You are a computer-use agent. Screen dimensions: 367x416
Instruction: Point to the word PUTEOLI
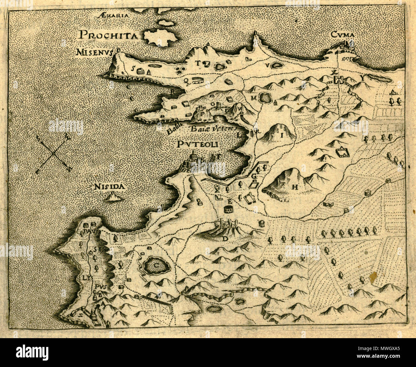point(197,145)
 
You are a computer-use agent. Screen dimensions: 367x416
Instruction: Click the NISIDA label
point(109,186)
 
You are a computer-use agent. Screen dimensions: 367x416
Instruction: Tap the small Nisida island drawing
point(114,197)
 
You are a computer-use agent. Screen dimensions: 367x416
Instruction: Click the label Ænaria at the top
point(114,15)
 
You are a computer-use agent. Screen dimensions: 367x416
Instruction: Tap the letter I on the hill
point(282,135)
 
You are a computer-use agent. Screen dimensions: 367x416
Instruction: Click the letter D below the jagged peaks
point(225,238)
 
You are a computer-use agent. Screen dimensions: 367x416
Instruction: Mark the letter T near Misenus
point(198,63)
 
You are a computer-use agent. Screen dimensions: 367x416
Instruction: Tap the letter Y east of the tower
point(362,78)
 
